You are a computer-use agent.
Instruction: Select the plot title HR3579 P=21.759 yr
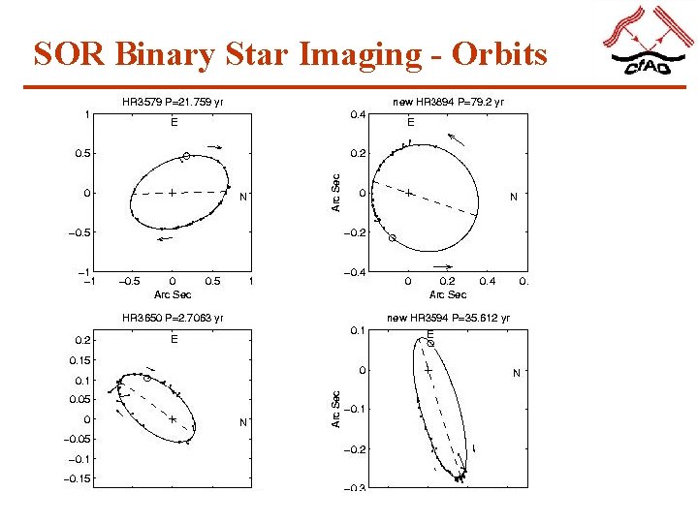(174, 101)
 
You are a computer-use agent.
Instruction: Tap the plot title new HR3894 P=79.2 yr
(448, 101)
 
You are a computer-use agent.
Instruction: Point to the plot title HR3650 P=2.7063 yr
(173, 317)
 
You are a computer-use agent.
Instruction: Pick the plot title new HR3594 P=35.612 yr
(448, 317)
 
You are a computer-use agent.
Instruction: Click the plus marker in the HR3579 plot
(172, 193)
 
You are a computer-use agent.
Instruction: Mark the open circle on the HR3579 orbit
(186, 156)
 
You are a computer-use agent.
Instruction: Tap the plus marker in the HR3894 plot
(409, 193)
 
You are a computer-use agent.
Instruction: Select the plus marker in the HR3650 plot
(172, 419)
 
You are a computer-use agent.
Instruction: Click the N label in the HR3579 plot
(243, 197)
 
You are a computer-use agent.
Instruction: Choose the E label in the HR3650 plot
(174, 339)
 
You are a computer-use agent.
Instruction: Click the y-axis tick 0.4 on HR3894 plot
(357, 114)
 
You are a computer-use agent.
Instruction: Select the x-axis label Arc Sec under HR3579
(174, 294)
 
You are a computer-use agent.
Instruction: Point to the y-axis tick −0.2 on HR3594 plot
(355, 449)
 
